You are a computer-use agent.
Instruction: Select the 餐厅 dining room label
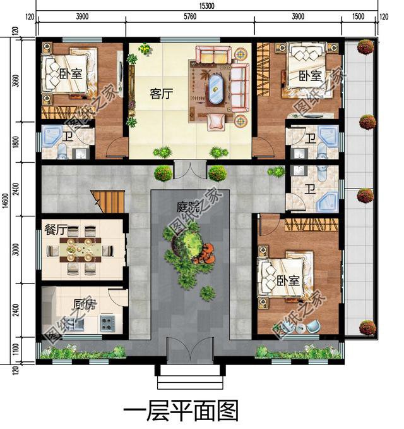56,231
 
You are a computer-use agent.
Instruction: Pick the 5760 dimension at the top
190,16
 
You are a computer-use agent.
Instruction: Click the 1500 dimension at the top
359,16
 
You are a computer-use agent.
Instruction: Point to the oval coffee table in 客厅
216,89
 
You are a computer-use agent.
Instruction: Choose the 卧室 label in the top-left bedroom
71,75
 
